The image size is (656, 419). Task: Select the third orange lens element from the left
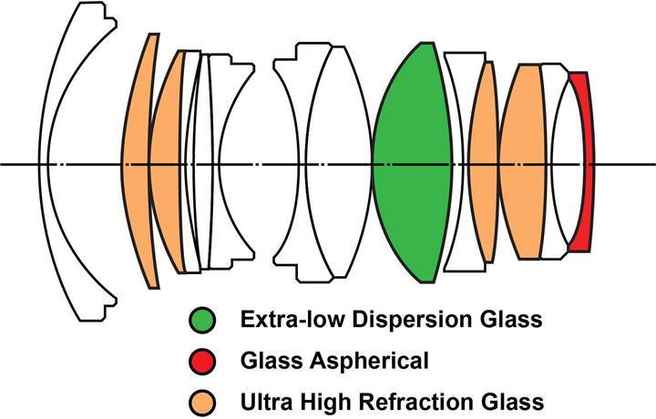[x=483, y=164]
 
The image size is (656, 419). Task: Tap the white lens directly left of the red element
[x=558, y=164]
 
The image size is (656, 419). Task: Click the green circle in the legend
[x=204, y=320]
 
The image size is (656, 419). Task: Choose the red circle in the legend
[x=204, y=361]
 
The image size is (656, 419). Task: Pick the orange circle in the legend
[x=204, y=401]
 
